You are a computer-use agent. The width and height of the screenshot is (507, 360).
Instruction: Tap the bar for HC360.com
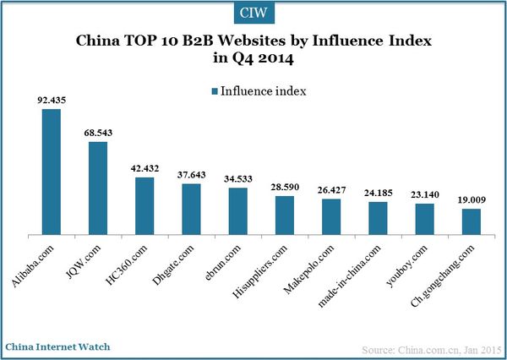[x=144, y=205]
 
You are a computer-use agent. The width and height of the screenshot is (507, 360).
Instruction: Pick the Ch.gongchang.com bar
[x=471, y=221]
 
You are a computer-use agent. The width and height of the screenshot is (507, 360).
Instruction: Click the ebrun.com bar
[x=238, y=210]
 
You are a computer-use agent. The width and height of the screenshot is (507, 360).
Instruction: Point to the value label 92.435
[x=52, y=100]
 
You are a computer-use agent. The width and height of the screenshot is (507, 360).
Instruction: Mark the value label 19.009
[x=471, y=199]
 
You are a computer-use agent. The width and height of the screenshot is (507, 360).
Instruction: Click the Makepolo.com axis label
[x=312, y=262]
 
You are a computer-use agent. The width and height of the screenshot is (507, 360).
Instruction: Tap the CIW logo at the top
[x=253, y=13]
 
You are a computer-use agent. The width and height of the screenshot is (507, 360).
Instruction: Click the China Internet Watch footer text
[x=57, y=346]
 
